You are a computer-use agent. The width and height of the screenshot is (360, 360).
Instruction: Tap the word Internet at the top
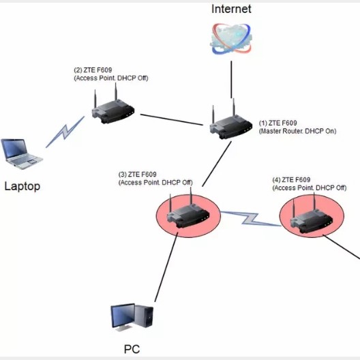231,9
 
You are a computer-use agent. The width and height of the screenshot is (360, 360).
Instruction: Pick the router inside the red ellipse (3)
186,213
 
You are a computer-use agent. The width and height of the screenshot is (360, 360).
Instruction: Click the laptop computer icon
20,153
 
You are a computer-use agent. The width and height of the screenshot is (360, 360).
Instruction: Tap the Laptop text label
22,185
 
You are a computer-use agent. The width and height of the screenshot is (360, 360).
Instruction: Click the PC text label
132,349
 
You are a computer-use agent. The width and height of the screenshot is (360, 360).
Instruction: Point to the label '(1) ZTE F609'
277,123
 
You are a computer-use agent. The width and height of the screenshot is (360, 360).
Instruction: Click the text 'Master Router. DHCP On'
298,131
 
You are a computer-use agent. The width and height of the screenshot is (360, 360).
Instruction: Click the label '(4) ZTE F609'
296,180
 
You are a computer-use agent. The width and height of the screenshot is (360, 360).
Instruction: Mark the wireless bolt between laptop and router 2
65,131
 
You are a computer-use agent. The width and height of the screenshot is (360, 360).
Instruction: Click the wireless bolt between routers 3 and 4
251,220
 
